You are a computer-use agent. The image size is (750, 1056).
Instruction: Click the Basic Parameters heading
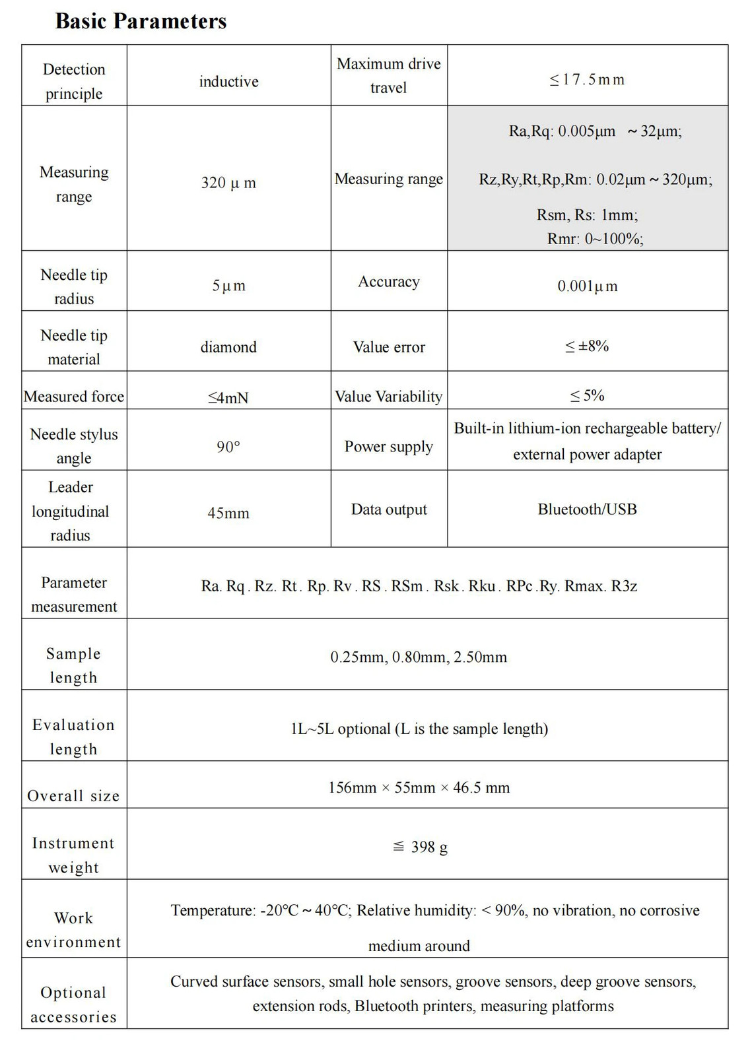point(141,21)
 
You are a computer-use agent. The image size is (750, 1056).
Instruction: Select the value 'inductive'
point(228,81)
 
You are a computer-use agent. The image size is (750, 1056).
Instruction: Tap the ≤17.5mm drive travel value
point(587,80)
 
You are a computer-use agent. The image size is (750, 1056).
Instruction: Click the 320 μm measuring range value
point(228,183)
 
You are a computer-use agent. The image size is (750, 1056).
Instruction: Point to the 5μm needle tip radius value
point(228,286)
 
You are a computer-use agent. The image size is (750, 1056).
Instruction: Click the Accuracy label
point(389,282)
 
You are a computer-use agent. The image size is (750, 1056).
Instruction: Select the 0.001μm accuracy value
point(587,286)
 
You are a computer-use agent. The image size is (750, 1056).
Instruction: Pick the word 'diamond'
point(228,347)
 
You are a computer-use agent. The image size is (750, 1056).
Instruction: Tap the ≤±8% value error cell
point(587,346)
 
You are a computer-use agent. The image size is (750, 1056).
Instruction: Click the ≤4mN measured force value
point(228,397)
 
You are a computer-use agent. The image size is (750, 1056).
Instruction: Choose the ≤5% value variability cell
point(587,395)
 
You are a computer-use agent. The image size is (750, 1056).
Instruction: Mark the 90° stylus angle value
point(228,447)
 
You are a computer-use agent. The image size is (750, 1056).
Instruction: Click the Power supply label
point(389,447)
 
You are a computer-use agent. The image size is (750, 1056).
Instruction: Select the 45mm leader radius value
point(228,513)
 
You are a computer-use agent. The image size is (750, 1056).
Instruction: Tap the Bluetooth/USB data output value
point(587,509)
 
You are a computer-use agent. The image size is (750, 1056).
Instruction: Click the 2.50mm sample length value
point(480,657)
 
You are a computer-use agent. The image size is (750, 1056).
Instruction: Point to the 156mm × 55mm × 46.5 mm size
point(419,787)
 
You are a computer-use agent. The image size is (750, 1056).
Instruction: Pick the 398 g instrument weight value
point(428,847)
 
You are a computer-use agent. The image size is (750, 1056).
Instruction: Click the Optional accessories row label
point(73,1005)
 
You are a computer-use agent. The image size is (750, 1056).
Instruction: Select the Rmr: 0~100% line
point(595,239)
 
